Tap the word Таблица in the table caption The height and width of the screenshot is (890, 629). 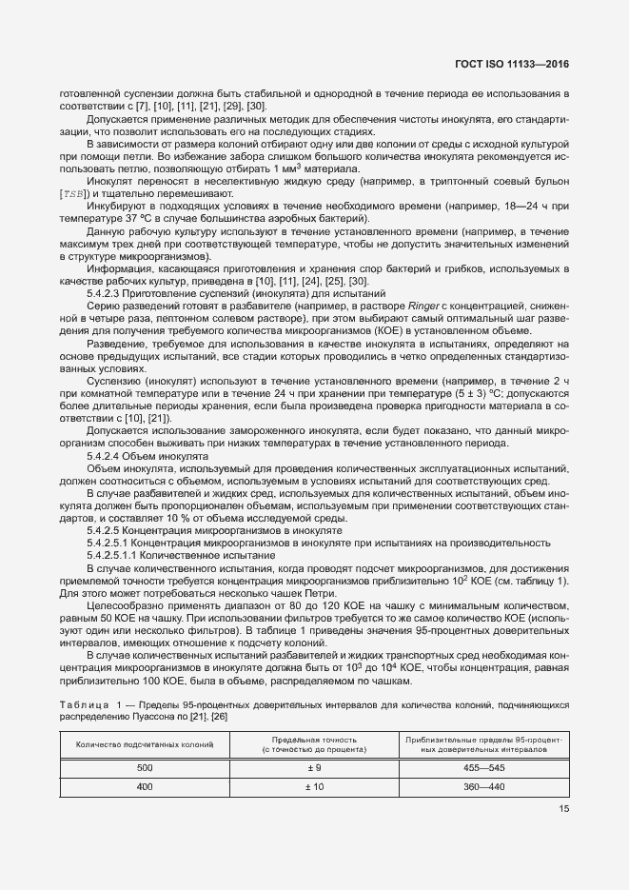pos(81,704)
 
